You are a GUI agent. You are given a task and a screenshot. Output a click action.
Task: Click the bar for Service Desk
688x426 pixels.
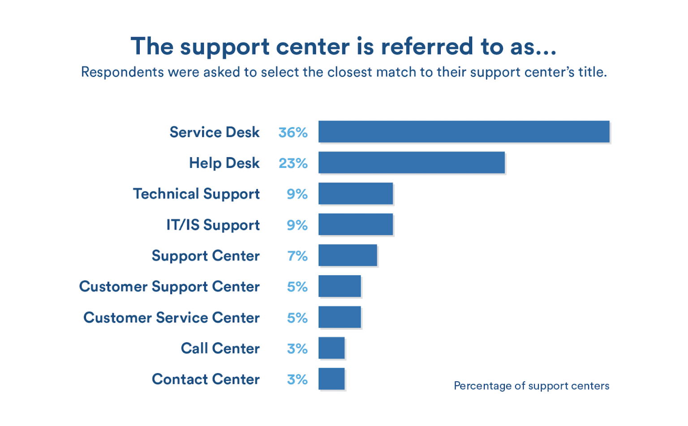(464, 132)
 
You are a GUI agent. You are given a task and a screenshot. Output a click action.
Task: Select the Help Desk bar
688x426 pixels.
(411, 162)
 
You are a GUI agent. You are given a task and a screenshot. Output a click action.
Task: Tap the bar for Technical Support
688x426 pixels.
(356, 193)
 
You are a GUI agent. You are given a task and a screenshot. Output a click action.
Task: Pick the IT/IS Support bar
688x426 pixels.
(356, 224)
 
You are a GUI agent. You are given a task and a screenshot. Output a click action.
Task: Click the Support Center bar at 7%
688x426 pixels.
(348, 255)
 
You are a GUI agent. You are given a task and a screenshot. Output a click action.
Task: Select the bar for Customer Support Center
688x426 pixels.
(340, 286)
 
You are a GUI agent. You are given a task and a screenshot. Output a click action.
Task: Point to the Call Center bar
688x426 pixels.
(331, 348)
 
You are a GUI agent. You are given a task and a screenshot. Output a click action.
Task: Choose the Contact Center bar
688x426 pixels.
(331, 379)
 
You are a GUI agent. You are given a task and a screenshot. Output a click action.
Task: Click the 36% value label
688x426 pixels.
(293, 132)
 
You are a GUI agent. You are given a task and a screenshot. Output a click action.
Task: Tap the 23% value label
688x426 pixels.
(293, 163)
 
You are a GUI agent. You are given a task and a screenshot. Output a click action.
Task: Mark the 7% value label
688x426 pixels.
(297, 256)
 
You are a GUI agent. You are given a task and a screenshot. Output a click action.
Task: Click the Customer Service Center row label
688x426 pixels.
(172, 318)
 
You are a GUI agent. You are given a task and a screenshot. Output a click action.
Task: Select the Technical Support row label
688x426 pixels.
(196, 194)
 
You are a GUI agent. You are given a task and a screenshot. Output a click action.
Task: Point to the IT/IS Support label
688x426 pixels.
(213, 225)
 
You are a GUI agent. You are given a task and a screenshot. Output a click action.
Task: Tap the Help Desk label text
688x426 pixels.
(224, 163)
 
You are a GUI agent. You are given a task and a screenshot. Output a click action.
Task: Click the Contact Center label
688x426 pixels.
(206, 379)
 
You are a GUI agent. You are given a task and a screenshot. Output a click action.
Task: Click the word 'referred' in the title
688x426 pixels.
(427, 47)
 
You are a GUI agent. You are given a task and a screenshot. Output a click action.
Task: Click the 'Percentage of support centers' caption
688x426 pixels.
(531, 386)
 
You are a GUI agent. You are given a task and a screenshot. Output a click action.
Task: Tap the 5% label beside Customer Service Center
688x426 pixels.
(297, 318)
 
